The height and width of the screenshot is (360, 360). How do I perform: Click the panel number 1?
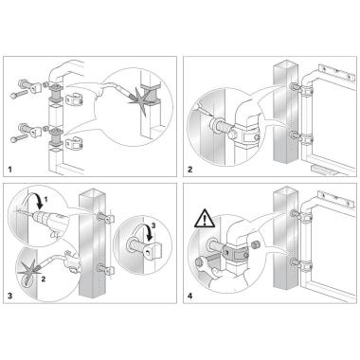10,170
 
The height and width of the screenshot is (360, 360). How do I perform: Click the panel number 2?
189,170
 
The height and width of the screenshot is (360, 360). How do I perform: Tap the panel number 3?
10,296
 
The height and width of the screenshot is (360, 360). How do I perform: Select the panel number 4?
189,296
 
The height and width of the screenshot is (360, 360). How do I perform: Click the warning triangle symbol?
205,219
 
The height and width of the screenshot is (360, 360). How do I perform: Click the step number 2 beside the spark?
44,279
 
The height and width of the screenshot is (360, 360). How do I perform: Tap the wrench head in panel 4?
200,261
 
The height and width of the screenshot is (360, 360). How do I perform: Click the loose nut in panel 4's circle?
255,244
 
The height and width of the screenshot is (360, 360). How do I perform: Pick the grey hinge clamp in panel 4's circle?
235,253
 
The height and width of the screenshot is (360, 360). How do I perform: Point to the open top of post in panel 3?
92,192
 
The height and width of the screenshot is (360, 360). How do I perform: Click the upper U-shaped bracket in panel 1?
75,100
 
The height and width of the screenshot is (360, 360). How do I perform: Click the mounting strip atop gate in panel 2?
335,72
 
